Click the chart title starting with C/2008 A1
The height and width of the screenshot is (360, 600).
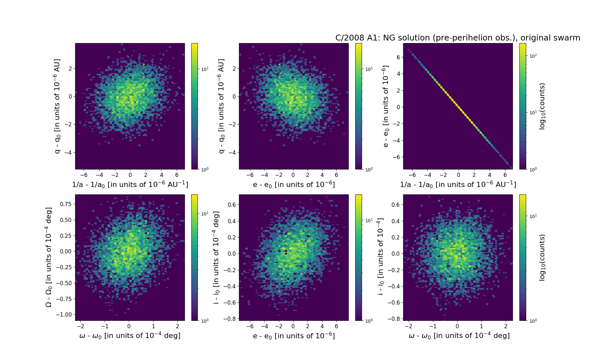tap(458, 38)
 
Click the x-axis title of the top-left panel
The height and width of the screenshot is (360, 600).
tap(130, 184)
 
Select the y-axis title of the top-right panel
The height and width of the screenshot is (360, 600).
tap(385, 106)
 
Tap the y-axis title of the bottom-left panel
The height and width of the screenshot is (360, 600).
tap(49, 257)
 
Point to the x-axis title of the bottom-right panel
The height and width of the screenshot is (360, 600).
tap(459, 336)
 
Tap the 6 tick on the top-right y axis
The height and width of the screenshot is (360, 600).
tap(398, 57)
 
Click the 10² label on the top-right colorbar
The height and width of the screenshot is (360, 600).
tap(533, 56)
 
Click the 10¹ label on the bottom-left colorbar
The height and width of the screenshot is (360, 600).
tap(205, 214)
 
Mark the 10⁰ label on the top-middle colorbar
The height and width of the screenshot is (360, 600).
tap(369, 169)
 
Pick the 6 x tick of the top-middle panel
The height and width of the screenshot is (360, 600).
tap(336, 175)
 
